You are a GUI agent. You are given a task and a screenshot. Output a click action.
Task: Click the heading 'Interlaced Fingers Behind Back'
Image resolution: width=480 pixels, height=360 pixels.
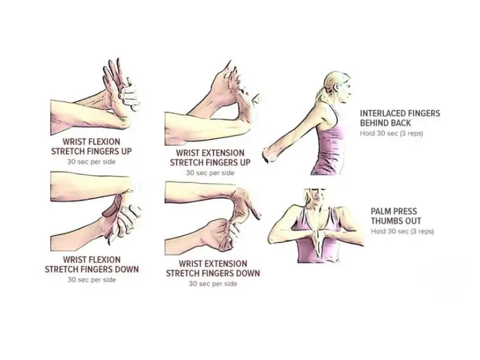coord(400,118)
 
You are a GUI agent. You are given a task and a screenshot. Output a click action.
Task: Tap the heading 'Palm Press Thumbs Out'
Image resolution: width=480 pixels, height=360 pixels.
coord(396,216)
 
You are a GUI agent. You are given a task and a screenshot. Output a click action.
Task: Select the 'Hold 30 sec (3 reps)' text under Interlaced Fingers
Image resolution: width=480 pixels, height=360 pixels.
coord(391,133)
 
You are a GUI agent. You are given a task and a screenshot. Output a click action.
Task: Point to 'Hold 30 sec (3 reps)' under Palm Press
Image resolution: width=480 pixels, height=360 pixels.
coord(402,232)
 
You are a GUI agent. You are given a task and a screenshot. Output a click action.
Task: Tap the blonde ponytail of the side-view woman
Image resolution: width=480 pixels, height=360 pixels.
coord(320,94)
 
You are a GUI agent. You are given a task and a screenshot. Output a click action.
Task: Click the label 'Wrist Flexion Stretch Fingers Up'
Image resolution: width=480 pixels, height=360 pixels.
coord(91,146)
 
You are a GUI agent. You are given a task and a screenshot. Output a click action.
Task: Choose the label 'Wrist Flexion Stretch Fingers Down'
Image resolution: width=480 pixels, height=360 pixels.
coord(92,265)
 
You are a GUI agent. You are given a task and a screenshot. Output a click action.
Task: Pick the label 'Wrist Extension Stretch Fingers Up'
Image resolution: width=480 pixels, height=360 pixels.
coord(210,158)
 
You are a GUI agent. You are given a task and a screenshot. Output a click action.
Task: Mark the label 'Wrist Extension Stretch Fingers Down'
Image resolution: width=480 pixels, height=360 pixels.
coord(213,268)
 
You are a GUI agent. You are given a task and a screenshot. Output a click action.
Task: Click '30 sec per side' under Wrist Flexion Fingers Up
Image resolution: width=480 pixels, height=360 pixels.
coord(91,161)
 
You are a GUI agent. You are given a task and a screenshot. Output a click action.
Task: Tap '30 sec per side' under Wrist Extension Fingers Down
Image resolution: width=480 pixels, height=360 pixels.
coord(213,284)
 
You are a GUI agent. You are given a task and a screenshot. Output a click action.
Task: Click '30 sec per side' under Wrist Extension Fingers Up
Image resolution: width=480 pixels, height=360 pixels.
coord(210,173)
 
